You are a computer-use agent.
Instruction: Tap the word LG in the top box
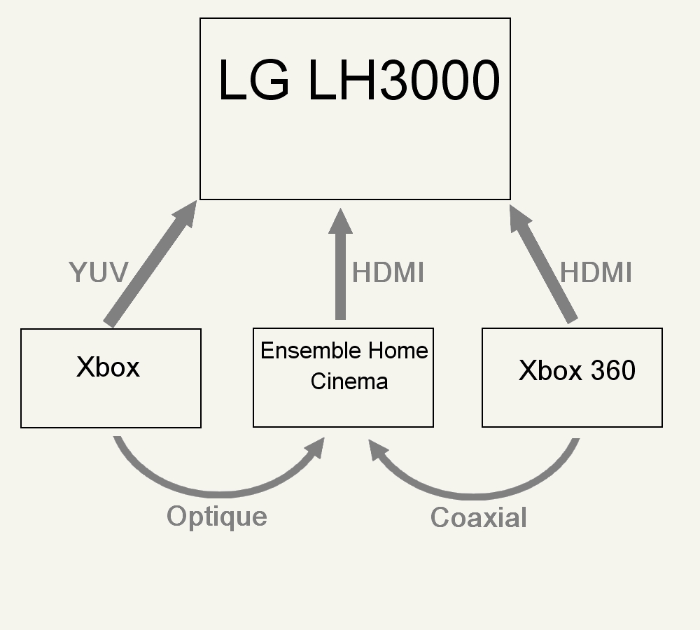tap(253, 80)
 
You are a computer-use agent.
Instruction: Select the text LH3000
tap(403, 80)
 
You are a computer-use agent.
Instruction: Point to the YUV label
tap(98, 272)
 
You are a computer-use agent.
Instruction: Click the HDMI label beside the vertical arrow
tap(388, 273)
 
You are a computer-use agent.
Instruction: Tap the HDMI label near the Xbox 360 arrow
tap(596, 273)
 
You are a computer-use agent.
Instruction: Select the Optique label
tap(217, 517)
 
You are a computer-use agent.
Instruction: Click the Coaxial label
tap(479, 518)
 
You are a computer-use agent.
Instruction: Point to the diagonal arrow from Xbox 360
tap(546, 269)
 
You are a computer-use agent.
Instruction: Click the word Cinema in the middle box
tap(349, 381)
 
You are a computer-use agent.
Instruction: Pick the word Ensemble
tap(300, 351)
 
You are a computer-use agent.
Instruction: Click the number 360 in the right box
tap(611, 370)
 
